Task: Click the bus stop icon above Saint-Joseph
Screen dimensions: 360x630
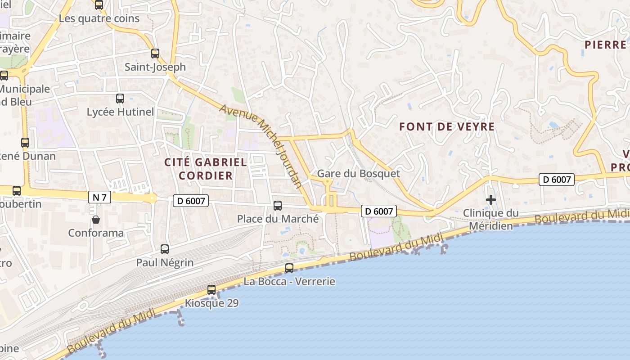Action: point(155,54)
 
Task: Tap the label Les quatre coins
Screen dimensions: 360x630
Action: point(99,19)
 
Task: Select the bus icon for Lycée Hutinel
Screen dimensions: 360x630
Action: point(120,99)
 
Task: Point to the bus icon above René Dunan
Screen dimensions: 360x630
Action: point(25,143)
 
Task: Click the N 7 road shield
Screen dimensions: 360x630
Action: point(99,197)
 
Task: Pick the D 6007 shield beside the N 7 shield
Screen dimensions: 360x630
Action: point(191,201)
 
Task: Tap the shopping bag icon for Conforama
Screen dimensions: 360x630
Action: point(96,220)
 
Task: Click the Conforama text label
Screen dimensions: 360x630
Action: point(96,233)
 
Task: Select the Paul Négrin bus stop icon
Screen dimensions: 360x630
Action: point(165,249)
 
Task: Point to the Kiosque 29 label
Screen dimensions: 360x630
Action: point(211,303)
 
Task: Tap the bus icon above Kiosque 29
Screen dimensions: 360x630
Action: point(211,290)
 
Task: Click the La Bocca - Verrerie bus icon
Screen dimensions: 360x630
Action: point(289,268)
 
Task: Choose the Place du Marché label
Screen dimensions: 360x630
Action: point(278,219)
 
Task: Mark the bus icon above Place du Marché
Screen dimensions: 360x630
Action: point(278,206)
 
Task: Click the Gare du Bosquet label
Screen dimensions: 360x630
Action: point(358,173)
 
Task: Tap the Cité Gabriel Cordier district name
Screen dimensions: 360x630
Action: point(206,169)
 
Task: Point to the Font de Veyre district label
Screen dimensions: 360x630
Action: point(447,127)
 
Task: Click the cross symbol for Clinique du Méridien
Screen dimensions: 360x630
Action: point(491,199)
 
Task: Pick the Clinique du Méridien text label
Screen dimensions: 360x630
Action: point(491,219)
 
